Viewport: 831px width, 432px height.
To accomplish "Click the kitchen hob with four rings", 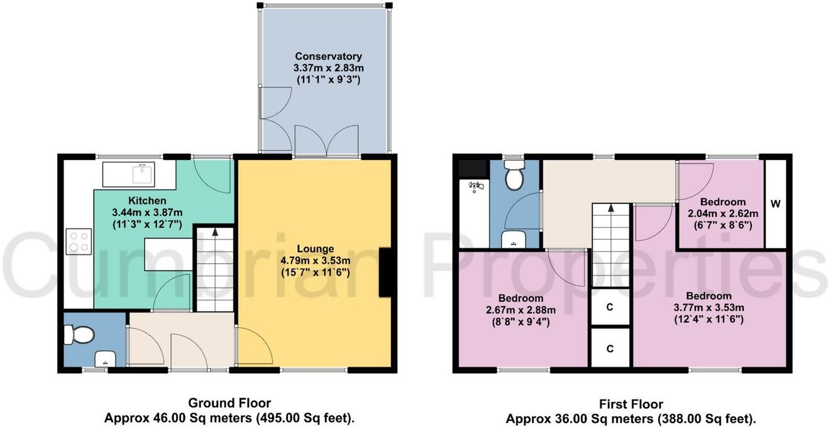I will pyautogui.click(x=79, y=240).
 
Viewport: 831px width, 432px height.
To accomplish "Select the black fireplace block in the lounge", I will pyautogui.click(x=387, y=271).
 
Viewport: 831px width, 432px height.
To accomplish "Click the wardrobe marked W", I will pyautogui.click(x=776, y=204).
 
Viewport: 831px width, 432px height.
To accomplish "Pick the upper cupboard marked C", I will pyautogui.click(x=610, y=307).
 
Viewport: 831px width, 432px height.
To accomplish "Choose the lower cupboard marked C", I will pyautogui.click(x=610, y=348).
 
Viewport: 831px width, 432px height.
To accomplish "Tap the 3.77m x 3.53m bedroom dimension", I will pyautogui.click(x=708, y=308).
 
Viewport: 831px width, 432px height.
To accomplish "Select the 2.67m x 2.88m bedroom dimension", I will pyautogui.click(x=521, y=310).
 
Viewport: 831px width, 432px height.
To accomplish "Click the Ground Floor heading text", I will pyautogui.click(x=229, y=403).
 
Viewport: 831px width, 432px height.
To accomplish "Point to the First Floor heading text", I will pyautogui.click(x=630, y=404).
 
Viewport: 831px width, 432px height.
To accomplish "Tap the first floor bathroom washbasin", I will pyautogui.click(x=514, y=239).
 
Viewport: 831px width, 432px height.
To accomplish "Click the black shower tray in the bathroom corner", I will pyautogui.click(x=473, y=169).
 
